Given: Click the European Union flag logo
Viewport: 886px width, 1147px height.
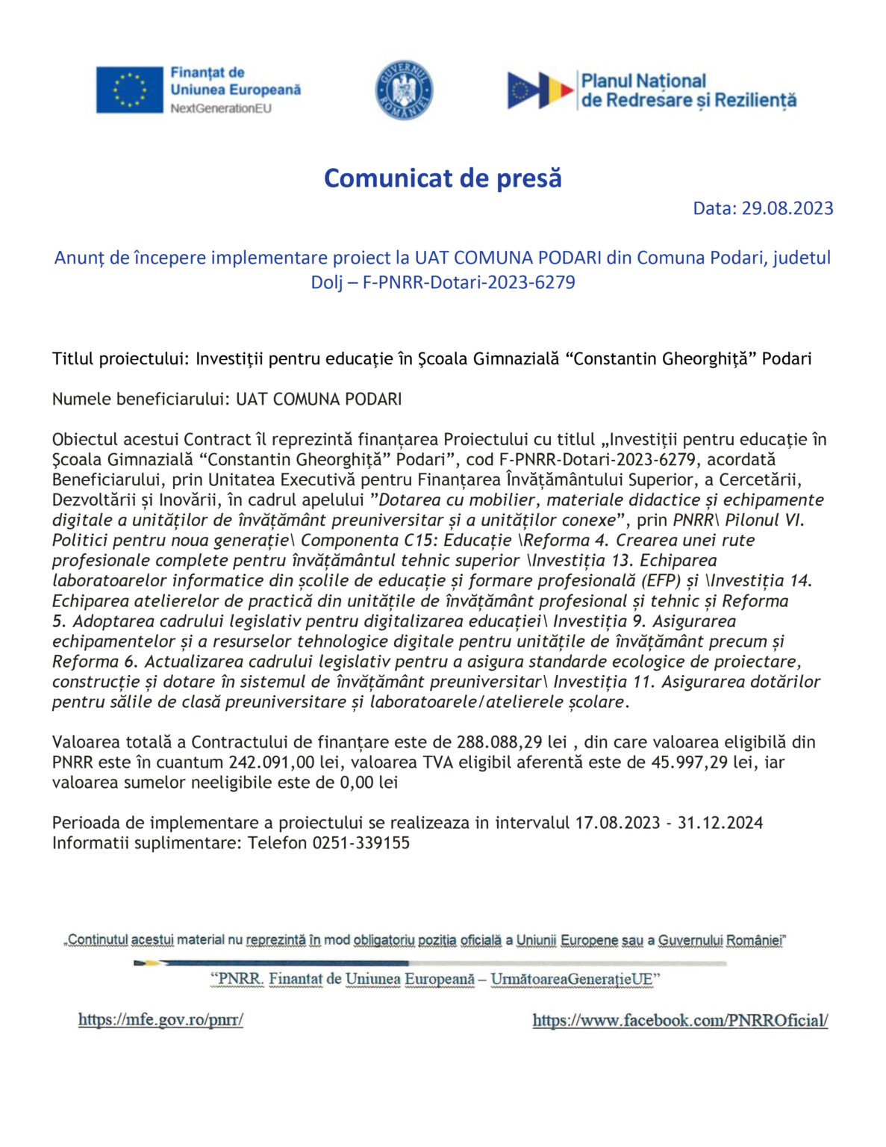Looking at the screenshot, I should pyautogui.click(x=129, y=90).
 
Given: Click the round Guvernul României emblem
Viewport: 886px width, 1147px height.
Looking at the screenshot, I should pyautogui.click(x=404, y=90).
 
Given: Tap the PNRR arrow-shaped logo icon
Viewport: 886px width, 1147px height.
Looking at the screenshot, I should pyautogui.click(x=540, y=90).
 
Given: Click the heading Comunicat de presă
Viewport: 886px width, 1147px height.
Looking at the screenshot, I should pyautogui.click(x=443, y=178).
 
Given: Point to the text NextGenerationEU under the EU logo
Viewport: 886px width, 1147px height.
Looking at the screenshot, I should pyautogui.click(x=221, y=108).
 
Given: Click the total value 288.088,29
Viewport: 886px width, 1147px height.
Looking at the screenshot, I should pyautogui.click(x=499, y=742).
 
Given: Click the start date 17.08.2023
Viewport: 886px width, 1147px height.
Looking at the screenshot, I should pyautogui.click(x=617, y=823).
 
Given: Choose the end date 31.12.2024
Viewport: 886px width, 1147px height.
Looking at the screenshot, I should pyautogui.click(x=720, y=823).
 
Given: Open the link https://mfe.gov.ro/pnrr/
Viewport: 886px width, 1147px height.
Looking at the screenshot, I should pyautogui.click(x=160, y=1019).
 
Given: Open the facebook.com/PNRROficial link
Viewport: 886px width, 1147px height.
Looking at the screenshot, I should pyautogui.click(x=680, y=1020).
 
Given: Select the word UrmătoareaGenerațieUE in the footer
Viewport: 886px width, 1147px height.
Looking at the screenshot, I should pyautogui.click(x=572, y=979).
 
